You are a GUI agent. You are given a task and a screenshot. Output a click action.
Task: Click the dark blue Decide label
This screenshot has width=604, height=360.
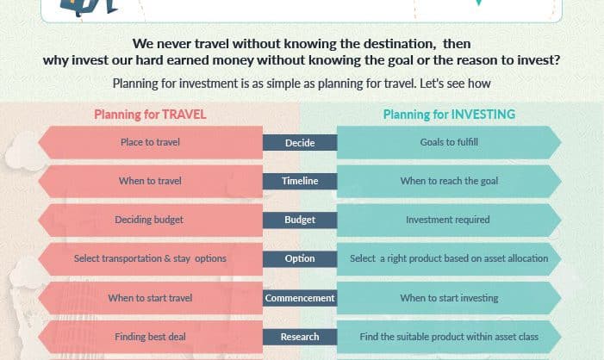click(300, 143)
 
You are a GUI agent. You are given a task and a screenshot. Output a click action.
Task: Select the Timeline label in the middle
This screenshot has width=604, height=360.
click(300, 181)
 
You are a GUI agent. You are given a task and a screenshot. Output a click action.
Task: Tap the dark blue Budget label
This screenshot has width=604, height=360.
click(300, 220)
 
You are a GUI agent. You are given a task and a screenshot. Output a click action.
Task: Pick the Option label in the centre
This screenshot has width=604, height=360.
click(300, 258)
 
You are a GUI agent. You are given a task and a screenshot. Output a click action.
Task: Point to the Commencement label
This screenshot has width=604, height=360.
click(300, 298)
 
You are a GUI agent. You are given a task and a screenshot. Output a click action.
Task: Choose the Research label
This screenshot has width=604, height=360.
click(300, 337)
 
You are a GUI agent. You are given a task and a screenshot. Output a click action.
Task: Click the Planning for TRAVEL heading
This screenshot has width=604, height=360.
click(150, 115)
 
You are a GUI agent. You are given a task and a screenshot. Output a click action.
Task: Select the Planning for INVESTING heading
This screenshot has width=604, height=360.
click(449, 115)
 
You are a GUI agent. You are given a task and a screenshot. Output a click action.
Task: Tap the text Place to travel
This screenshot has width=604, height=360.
click(150, 142)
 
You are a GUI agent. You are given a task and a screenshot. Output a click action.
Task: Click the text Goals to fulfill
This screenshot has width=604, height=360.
click(449, 142)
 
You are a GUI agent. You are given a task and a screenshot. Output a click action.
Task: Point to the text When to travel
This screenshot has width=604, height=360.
click(150, 181)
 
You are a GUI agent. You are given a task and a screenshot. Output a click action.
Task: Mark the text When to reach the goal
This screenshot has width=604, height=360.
click(449, 181)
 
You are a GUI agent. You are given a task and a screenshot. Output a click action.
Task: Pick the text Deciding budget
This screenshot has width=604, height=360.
click(149, 220)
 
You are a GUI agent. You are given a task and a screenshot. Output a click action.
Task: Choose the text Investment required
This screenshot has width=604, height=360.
click(447, 220)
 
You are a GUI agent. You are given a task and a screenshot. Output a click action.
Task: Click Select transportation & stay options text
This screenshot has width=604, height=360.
click(150, 258)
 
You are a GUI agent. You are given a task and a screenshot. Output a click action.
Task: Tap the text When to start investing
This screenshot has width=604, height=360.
click(449, 298)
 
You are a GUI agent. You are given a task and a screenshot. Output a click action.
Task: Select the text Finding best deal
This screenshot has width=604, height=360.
click(150, 337)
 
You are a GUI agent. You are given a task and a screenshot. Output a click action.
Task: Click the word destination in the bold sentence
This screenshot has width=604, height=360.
click(400, 44)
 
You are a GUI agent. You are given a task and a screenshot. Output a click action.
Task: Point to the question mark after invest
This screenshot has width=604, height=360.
click(557, 60)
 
